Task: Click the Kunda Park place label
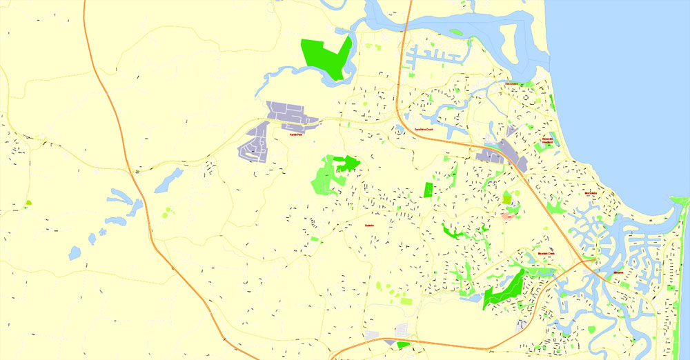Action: pyautogui.click(x=297, y=134)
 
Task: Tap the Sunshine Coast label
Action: pyautogui.click(x=423, y=129)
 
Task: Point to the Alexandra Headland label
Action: pyautogui.click(x=548, y=141)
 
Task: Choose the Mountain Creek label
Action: pyautogui.click(x=546, y=254)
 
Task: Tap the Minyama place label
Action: pyautogui.click(x=618, y=273)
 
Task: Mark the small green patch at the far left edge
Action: pyautogui.click(x=28, y=203)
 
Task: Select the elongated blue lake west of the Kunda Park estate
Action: pyautogui.click(x=168, y=180)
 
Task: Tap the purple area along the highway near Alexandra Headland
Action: pyautogui.click(x=507, y=153)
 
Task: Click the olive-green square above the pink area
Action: pyautogui.click(x=508, y=199)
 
